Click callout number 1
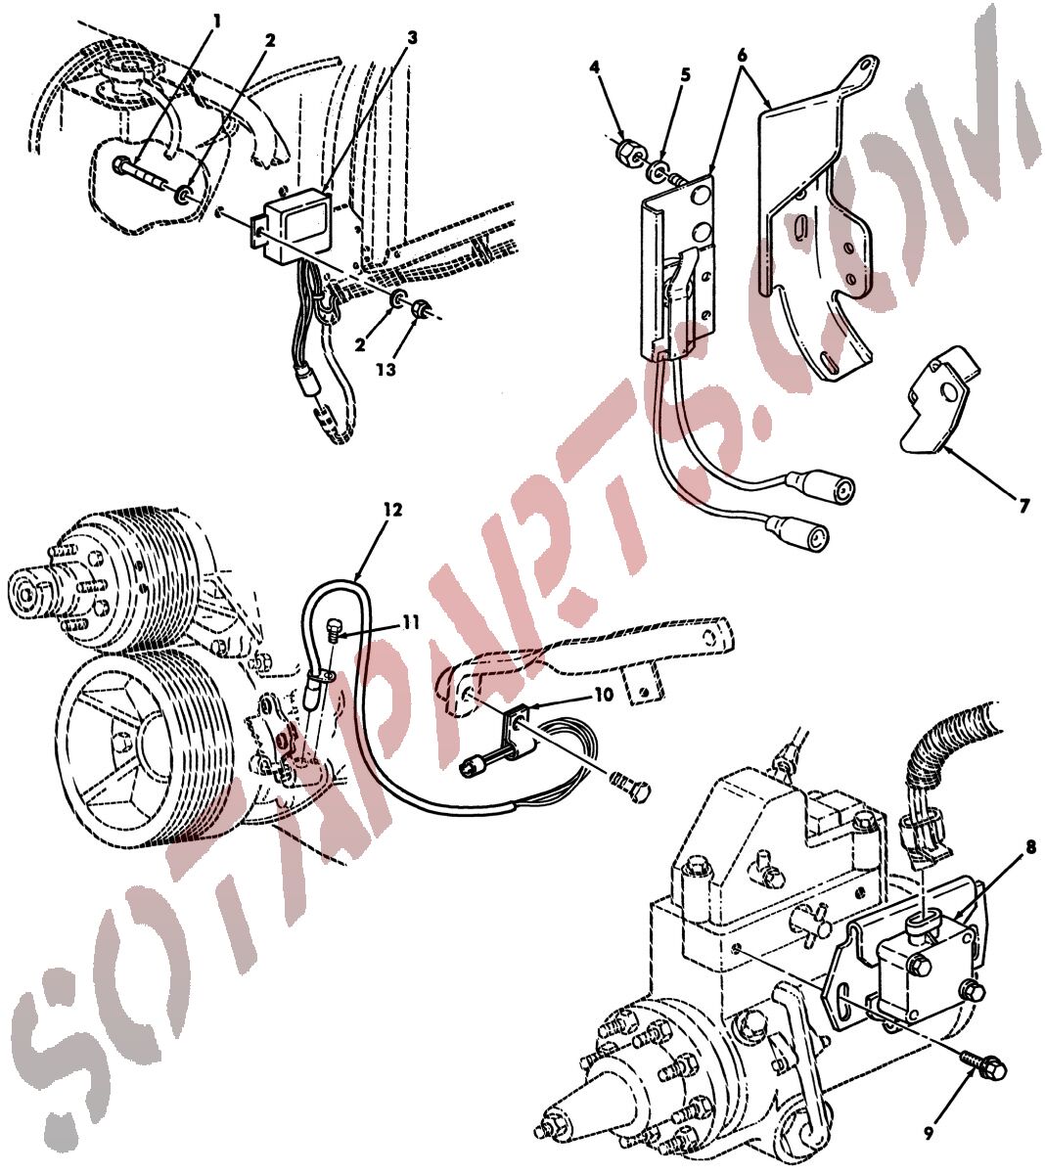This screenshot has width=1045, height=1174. pos(217,23)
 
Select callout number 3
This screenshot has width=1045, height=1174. pos(412,39)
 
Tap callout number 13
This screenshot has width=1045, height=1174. pos(386,369)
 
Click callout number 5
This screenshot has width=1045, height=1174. pos(686,74)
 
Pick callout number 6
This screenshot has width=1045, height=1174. pos(743,56)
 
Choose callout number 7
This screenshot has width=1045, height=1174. pos(1023,506)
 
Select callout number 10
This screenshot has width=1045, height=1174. pos(604,695)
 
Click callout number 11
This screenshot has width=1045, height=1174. pos(412,622)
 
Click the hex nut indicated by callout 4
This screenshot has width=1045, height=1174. pos(628,153)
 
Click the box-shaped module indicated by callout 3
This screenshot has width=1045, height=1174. pos(290,223)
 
